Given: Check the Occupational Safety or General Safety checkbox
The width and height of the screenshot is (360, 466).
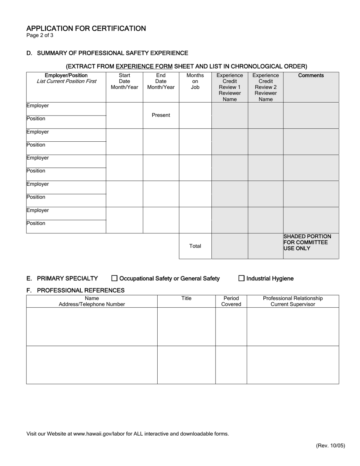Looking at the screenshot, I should pyautogui.click(x=114, y=278).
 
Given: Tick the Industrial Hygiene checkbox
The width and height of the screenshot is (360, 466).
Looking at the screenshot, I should pyautogui.click(x=241, y=278).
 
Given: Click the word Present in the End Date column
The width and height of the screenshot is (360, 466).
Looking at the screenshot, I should pyautogui.click(x=161, y=115).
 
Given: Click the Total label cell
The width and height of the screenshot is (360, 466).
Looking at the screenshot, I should pyautogui.click(x=195, y=246).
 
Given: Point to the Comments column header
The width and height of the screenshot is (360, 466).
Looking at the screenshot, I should pyautogui.click(x=311, y=75).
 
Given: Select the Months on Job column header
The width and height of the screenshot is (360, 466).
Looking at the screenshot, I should pyautogui.click(x=195, y=81).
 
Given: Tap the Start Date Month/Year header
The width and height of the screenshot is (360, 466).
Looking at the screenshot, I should pyautogui.click(x=124, y=81).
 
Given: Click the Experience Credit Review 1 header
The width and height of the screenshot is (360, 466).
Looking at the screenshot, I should pyautogui.click(x=230, y=87).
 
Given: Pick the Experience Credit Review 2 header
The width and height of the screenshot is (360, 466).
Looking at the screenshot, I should pyautogui.click(x=265, y=87).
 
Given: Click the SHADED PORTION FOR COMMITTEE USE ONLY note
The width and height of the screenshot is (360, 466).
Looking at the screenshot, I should pyautogui.click(x=307, y=242).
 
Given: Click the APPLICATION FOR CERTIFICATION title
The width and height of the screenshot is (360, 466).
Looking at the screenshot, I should pyautogui.click(x=86, y=28).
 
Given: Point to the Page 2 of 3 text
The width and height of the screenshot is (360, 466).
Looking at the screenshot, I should pyautogui.click(x=40, y=36).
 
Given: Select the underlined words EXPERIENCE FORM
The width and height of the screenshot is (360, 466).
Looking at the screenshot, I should pyautogui.click(x=144, y=66).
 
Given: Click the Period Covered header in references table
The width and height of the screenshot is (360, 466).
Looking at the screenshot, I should pyautogui.click(x=231, y=301).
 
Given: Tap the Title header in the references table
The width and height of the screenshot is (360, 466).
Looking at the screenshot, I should pyautogui.click(x=186, y=299).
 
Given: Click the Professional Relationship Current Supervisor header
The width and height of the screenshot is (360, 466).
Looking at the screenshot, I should pyautogui.click(x=293, y=301).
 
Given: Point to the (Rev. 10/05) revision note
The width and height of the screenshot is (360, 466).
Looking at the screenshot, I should pyautogui.click(x=330, y=446).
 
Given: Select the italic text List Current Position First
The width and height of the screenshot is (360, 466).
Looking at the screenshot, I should pyautogui.click(x=66, y=81).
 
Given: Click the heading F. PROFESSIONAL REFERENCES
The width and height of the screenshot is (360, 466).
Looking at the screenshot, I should pyautogui.click(x=75, y=290).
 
